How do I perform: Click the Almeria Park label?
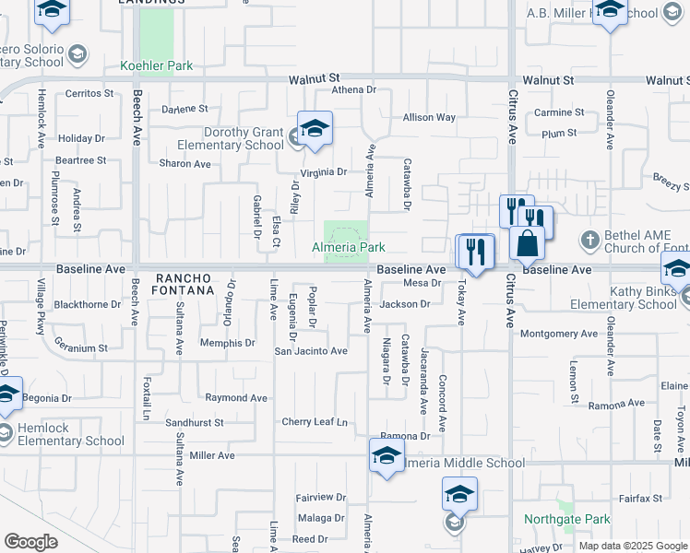point(348,248)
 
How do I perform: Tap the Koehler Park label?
point(157,66)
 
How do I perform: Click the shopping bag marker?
point(528,242)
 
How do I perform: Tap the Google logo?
point(30,542)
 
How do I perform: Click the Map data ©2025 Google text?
point(632,546)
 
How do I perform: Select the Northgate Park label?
point(566,520)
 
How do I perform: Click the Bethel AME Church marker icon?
point(590,240)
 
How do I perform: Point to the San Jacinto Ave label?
point(311,351)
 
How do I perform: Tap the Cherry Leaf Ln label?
point(315,422)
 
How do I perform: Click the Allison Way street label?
point(429,118)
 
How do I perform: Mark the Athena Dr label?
point(348,90)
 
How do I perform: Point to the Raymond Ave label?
point(235,398)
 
